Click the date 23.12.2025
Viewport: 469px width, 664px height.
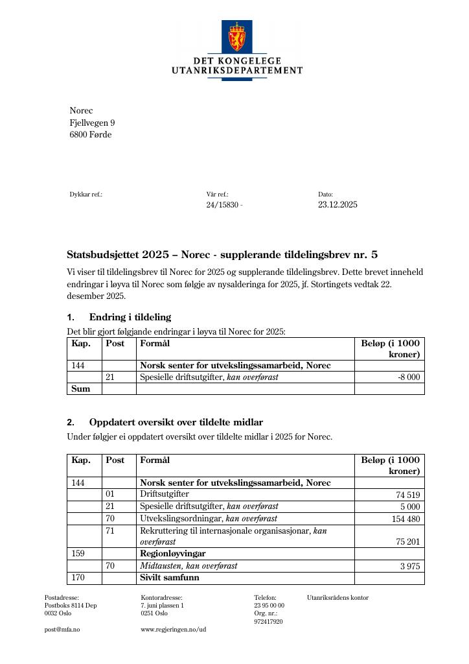[337, 205]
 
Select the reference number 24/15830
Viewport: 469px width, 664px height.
[223, 205]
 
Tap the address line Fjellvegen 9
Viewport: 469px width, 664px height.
[92, 123]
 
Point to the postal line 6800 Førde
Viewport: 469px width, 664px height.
[90, 135]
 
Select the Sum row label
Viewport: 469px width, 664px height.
[80, 388]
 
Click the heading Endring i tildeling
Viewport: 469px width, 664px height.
[130, 317]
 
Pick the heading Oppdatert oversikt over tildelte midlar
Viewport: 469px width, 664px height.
[176, 422]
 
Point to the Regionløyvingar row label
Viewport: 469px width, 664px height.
[172, 554]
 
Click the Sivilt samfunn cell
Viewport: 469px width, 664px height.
[169, 577]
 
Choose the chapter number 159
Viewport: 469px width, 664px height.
[78, 554]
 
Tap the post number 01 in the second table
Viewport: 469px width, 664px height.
[110, 494]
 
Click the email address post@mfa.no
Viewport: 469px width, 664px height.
[62, 630]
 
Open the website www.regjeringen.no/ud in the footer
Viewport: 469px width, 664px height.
[173, 630]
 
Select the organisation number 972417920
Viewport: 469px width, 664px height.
[268, 621]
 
